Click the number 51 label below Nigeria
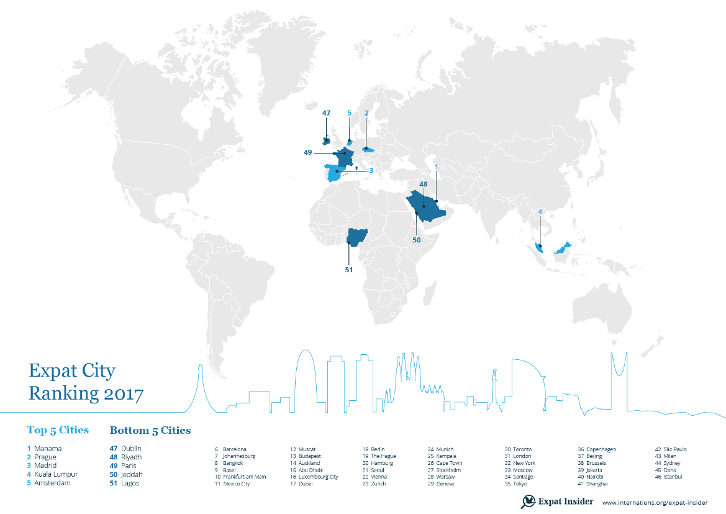[x=349, y=270]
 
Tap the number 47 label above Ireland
[x=327, y=113]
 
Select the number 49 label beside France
[x=307, y=152]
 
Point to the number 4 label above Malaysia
[x=540, y=211]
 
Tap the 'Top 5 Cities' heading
[x=58, y=430]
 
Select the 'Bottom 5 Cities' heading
[x=150, y=430]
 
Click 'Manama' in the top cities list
[x=48, y=448]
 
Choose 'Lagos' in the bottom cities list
[x=130, y=483]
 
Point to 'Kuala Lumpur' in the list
[x=56, y=474]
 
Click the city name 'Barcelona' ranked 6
[x=235, y=449]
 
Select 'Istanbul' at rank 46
[x=673, y=477]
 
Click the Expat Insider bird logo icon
[x=529, y=501]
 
